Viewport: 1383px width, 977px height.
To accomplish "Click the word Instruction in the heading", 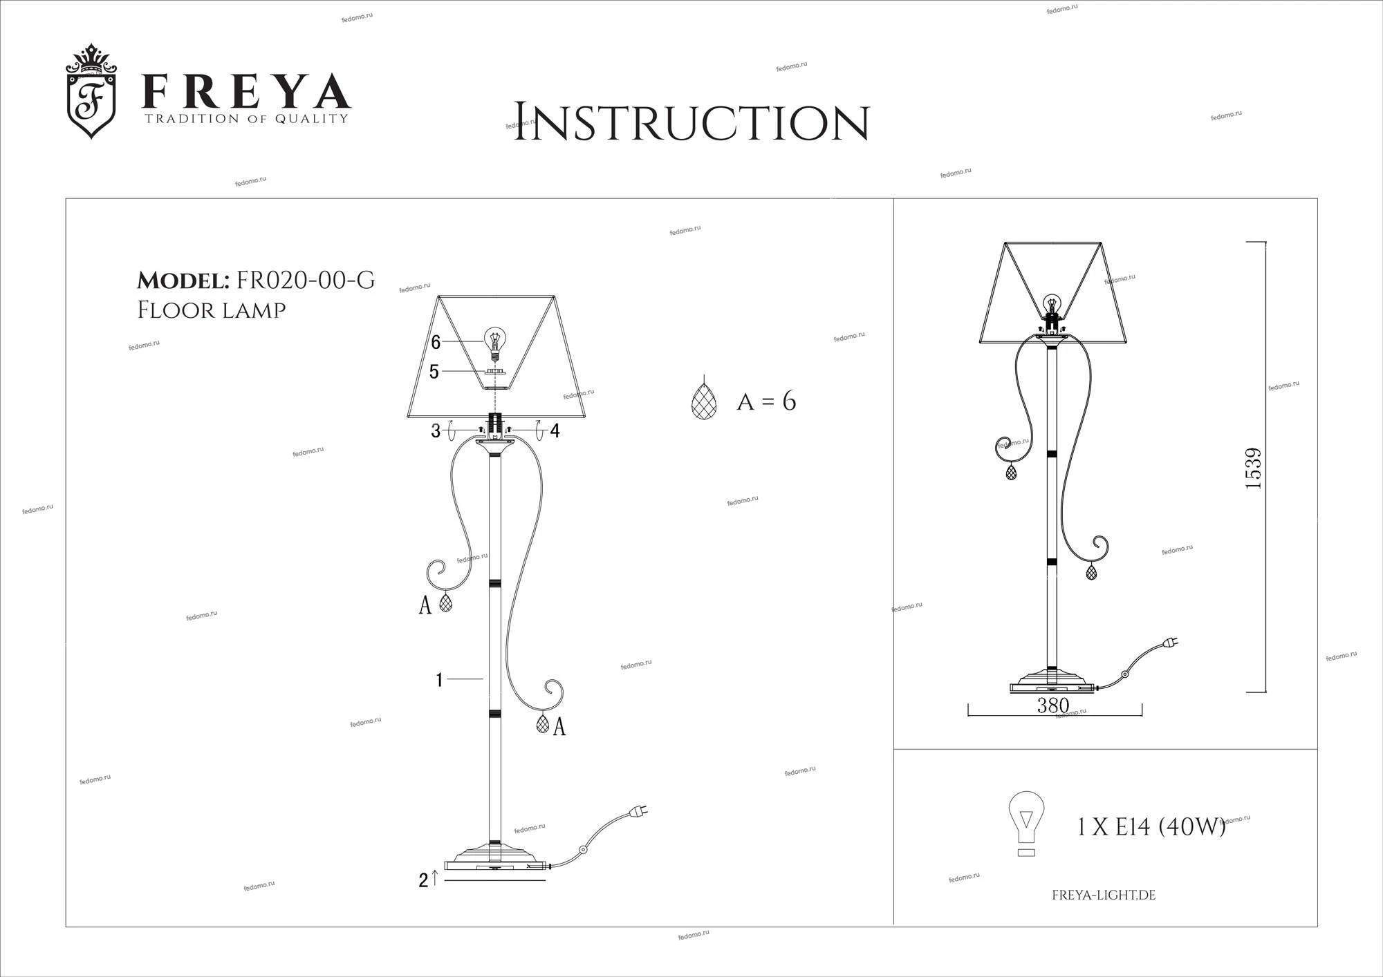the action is coord(691,122).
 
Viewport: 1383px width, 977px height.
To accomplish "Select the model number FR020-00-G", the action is coord(306,280).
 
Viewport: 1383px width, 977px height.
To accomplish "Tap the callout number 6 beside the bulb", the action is coord(436,342).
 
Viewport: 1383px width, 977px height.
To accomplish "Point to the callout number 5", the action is coord(434,372).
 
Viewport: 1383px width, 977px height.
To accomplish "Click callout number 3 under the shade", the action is coord(436,431).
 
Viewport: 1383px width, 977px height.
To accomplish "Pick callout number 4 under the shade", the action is coord(555,431).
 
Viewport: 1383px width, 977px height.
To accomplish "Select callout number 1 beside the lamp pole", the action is coord(439,680).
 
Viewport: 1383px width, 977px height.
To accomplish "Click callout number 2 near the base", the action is coord(423,880).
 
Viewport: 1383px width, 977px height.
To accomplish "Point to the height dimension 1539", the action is coord(1253,468).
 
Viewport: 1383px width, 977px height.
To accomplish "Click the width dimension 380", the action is coord(1053,705).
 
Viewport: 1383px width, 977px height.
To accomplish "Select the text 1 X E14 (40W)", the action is coord(1151,826).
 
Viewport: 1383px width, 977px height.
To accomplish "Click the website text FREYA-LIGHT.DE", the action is coord(1104,895).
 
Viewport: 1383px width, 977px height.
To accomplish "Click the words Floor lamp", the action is coord(212,310).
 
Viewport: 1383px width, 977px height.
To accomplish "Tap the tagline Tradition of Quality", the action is coord(245,119).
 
